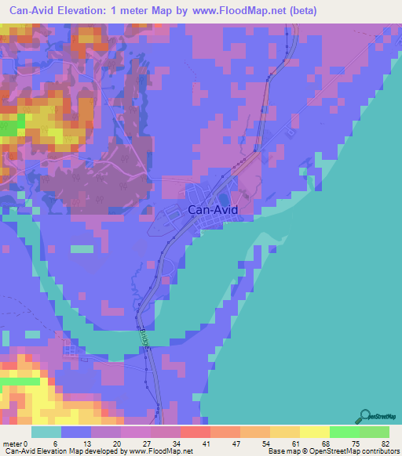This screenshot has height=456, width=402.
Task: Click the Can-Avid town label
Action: pos(211,210)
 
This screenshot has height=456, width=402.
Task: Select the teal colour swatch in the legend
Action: pos(46,432)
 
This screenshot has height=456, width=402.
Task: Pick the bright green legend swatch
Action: pos(344,432)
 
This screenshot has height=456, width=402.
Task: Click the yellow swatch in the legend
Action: pos(314,432)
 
